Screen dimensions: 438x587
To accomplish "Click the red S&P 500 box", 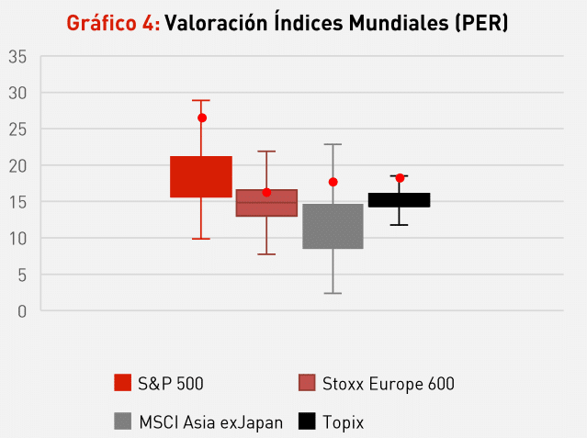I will (x=201, y=176).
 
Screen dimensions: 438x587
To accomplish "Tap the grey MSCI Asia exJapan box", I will (x=333, y=226).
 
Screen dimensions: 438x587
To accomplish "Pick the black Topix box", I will (x=399, y=199).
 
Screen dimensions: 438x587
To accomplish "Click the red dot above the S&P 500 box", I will (x=201, y=118).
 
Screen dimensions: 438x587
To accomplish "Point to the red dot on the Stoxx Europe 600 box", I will (x=266, y=192).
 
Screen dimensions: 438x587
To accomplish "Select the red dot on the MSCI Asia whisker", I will (x=333, y=182).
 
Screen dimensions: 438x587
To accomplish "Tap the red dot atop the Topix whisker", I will (x=400, y=177).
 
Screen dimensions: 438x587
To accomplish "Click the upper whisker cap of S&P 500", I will (x=201, y=100).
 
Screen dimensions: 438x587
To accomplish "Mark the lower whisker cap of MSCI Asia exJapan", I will (x=333, y=293).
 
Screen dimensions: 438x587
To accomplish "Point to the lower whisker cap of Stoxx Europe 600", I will (x=266, y=253).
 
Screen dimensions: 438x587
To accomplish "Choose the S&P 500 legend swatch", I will (x=123, y=383).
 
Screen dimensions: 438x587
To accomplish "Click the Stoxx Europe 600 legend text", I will (x=388, y=383).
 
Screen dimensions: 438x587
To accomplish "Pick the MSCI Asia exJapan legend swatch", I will (x=123, y=421).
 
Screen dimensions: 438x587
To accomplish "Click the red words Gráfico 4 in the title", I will (x=112, y=22).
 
